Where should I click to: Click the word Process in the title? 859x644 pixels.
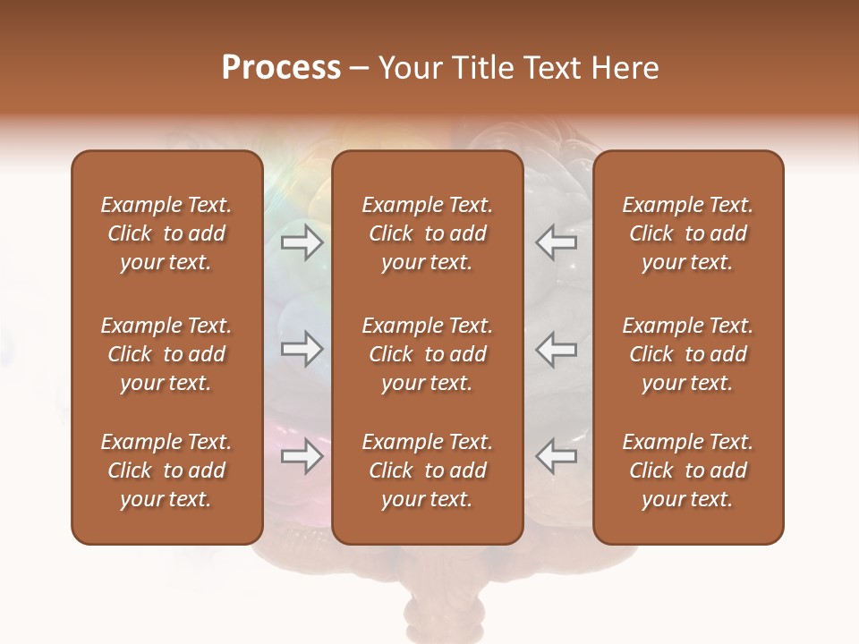pos(281,68)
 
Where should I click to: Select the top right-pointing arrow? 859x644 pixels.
pos(302,242)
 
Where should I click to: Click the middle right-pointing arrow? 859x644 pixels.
pos(302,349)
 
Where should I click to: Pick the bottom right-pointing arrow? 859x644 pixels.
pos(302,456)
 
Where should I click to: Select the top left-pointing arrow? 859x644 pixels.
pos(557,242)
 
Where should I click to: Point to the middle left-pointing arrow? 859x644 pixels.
pos(557,349)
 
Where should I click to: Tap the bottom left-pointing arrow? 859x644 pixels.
pos(557,456)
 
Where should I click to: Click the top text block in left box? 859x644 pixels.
pos(166,233)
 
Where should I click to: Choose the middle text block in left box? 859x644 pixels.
pos(166,354)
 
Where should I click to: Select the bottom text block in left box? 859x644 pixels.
pos(166,470)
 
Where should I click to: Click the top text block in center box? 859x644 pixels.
pos(427,233)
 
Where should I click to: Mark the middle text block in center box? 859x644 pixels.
pos(427,354)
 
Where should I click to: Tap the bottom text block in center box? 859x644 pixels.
pos(427,470)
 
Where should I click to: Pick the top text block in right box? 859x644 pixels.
pos(688,233)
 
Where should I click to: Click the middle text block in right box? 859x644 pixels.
pos(688,354)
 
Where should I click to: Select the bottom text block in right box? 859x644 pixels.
pos(688,470)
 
